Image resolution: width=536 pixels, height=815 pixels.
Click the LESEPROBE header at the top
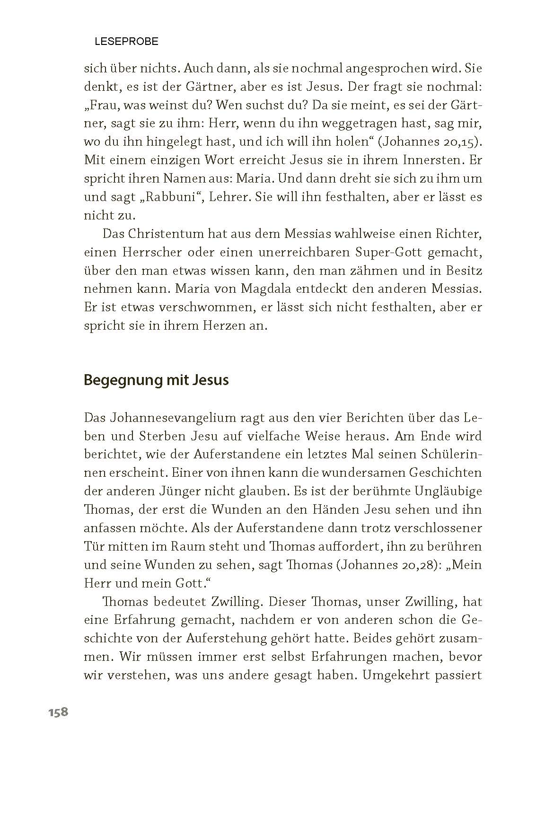(x=126, y=42)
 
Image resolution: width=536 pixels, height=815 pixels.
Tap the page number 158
(x=58, y=712)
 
